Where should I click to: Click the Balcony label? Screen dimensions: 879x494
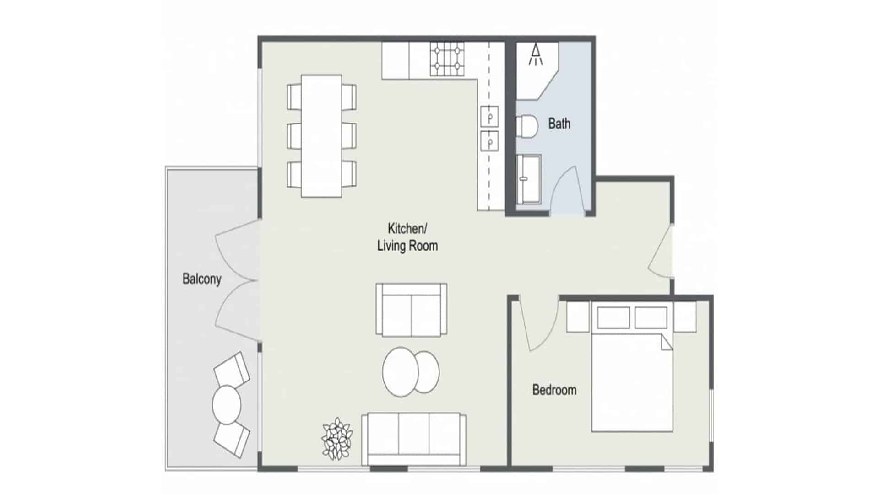(x=202, y=279)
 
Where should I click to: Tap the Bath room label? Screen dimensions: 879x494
(x=559, y=123)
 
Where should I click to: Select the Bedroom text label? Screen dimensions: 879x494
(x=554, y=390)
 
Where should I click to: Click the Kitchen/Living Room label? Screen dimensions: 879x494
(x=407, y=237)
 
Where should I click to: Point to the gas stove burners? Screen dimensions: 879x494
(x=447, y=59)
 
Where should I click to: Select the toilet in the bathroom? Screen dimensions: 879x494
(x=527, y=126)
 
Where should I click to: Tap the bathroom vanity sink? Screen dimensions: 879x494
(x=529, y=179)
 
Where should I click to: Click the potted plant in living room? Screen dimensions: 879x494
(x=337, y=438)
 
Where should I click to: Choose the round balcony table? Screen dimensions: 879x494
(x=227, y=405)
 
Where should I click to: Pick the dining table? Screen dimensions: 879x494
(x=321, y=136)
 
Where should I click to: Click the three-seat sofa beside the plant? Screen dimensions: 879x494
(x=414, y=439)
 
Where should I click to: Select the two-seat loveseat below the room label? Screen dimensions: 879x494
(x=412, y=310)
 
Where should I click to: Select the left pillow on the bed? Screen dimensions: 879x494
(x=613, y=317)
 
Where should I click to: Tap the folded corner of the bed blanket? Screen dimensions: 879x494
(x=667, y=343)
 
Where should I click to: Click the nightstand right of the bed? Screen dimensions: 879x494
(x=685, y=316)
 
